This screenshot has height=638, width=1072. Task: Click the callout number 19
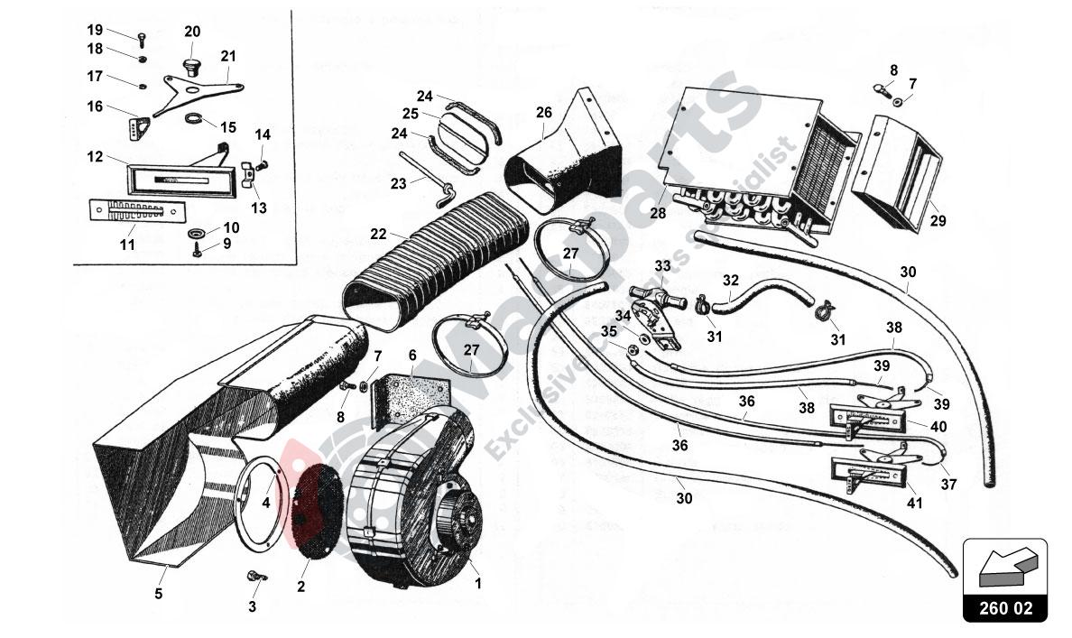pyautogui.click(x=95, y=30)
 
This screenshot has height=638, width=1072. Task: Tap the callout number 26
pyautogui.click(x=543, y=113)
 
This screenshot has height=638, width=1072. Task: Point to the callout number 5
pyautogui.click(x=159, y=593)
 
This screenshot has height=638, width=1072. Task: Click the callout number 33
pyautogui.click(x=663, y=266)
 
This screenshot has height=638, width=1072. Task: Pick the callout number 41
pyautogui.click(x=915, y=504)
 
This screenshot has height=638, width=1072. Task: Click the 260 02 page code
pyautogui.click(x=1004, y=607)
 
